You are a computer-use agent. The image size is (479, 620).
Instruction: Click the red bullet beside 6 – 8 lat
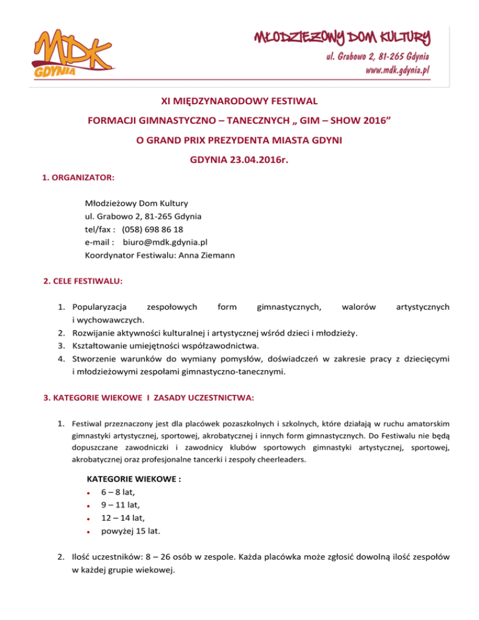[90, 492]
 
